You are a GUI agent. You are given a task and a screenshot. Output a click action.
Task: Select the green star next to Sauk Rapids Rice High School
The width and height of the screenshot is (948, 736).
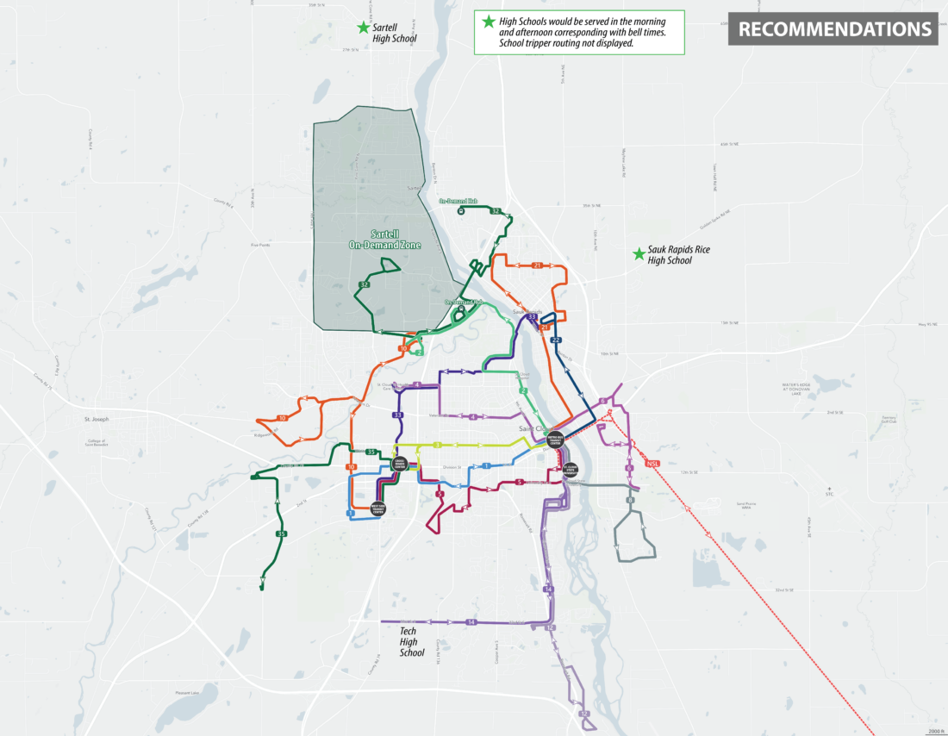[x=639, y=253]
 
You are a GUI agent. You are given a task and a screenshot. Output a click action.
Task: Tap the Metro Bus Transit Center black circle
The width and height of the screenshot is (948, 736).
[x=555, y=440]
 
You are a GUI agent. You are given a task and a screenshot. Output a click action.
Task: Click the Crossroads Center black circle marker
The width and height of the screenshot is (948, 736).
[x=399, y=464]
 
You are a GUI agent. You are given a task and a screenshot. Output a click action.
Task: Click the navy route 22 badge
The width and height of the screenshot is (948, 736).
[x=556, y=340]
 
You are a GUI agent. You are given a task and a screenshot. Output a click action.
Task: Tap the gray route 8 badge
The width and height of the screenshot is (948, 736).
[x=630, y=501]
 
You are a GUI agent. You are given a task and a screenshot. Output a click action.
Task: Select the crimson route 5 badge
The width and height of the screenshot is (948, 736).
[x=520, y=482]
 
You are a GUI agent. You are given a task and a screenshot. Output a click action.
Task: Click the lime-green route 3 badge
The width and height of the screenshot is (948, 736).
[x=438, y=445]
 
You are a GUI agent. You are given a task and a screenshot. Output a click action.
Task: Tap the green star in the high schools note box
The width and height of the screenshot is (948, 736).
[x=489, y=22]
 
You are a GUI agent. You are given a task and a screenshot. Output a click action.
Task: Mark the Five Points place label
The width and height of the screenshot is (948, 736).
[x=260, y=245]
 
